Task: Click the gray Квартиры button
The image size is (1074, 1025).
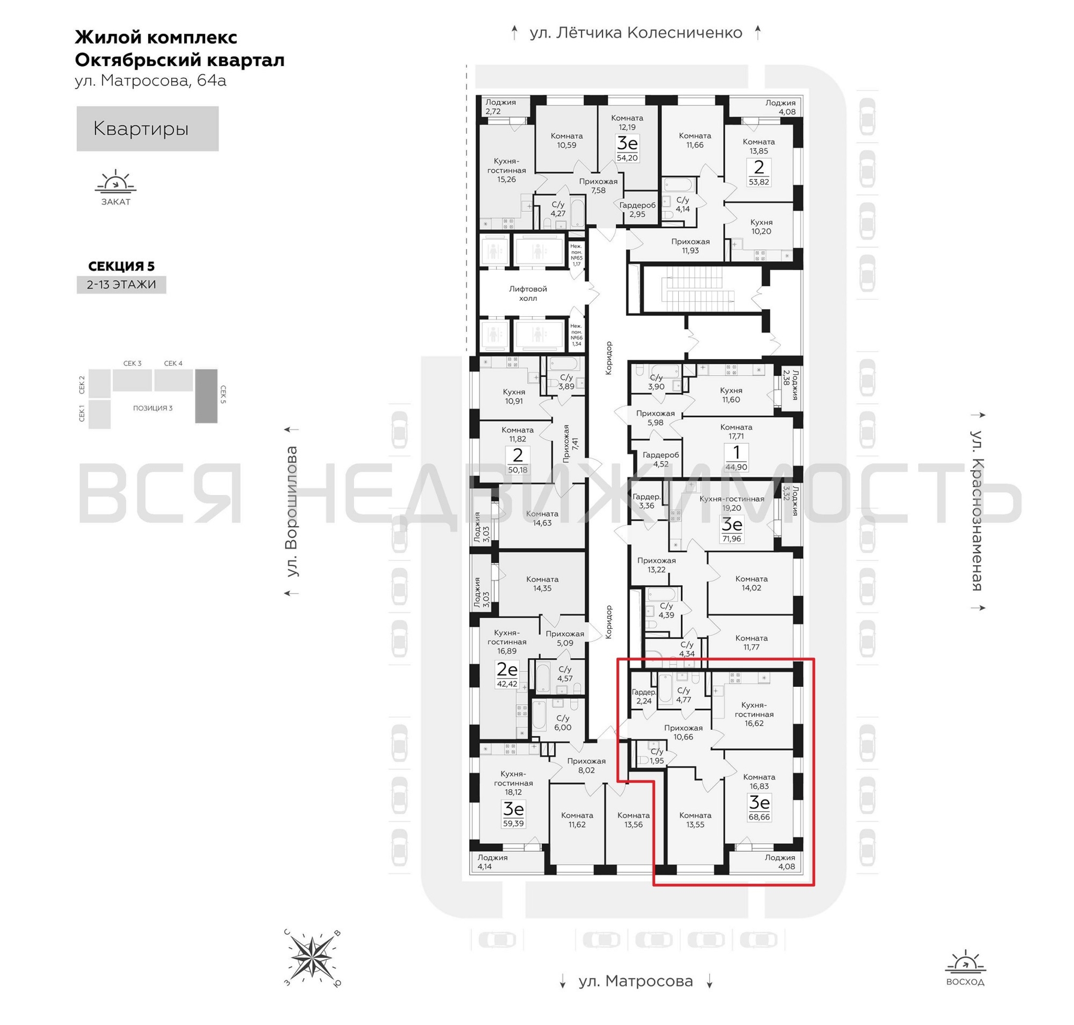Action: (147, 129)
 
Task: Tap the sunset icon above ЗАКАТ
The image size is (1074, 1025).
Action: (115, 181)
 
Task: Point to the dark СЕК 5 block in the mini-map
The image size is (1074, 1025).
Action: (206, 396)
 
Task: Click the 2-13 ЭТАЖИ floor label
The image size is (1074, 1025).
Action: (121, 284)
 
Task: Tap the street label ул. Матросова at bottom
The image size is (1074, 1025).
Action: (636, 981)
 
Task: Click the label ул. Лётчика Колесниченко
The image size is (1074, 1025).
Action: (636, 33)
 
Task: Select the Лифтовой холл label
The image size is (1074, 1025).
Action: (528, 293)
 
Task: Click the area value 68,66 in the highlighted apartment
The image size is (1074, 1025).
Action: (759, 817)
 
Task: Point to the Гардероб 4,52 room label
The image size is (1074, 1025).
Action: (660, 459)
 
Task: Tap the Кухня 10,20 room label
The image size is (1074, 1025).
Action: (761, 227)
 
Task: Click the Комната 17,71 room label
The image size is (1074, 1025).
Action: (736, 432)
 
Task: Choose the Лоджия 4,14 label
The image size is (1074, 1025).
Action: (492, 862)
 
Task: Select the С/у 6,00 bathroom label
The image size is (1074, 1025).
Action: (562, 723)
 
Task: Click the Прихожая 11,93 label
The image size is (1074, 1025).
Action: (691, 246)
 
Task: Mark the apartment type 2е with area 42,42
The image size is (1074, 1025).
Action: (506, 674)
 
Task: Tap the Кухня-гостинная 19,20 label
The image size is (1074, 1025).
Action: (732, 503)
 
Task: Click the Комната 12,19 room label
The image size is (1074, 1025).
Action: (627, 122)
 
